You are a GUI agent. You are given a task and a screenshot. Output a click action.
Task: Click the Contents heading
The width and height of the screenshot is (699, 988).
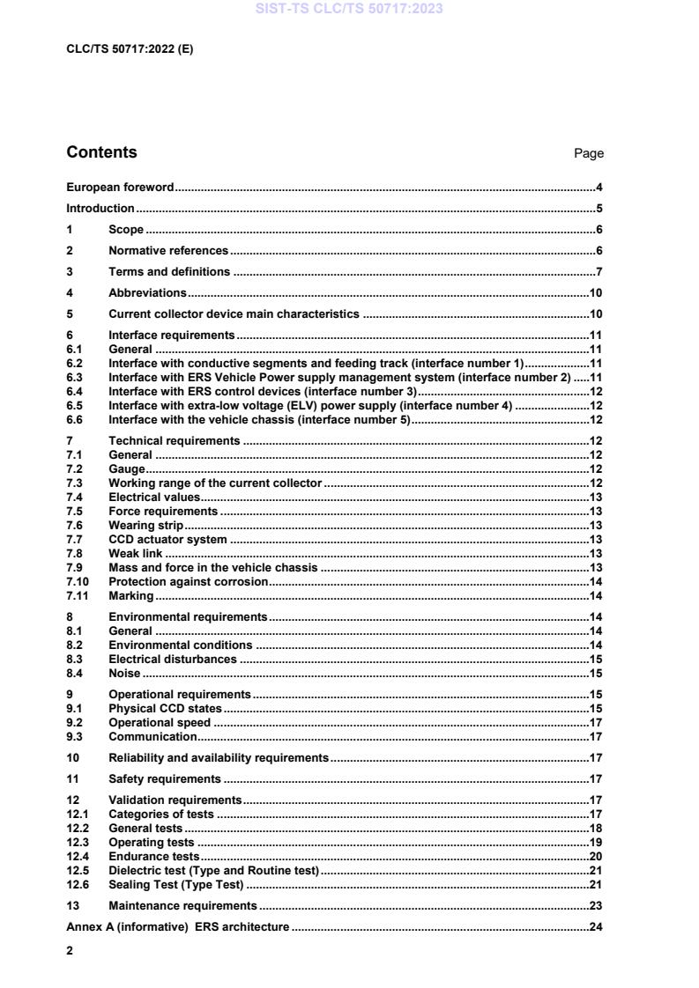[x=101, y=152]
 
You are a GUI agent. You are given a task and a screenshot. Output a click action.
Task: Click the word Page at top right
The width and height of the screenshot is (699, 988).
[x=588, y=153]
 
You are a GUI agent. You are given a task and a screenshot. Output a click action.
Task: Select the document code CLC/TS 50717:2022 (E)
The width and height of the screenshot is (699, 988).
[x=130, y=49]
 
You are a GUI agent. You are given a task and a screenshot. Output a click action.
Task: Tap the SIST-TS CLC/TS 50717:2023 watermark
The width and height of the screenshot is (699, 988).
[x=349, y=9]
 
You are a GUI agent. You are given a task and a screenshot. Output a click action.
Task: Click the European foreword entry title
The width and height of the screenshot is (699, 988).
[x=120, y=188]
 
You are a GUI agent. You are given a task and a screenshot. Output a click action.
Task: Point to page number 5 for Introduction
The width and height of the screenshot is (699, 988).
[x=599, y=209]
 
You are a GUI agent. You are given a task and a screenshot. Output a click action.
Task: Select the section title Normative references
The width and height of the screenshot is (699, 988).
[x=168, y=251]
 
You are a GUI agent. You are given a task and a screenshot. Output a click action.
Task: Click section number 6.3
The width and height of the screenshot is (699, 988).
[x=75, y=377]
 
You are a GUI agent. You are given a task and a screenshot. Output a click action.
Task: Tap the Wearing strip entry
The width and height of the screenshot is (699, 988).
[x=145, y=526]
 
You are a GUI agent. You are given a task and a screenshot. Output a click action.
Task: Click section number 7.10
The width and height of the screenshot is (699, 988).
[x=78, y=582]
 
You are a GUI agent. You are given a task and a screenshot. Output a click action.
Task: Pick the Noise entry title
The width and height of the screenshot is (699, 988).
[x=124, y=674]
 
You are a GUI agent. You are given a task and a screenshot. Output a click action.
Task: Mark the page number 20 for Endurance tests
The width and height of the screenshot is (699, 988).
[x=595, y=856]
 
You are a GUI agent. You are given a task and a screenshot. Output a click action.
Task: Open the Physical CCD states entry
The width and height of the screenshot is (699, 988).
[x=165, y=709]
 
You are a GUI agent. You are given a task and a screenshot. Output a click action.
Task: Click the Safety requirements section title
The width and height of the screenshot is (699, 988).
[x=165, y=779]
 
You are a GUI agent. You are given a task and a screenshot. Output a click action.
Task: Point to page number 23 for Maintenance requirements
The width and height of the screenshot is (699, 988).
[x=595, y=905]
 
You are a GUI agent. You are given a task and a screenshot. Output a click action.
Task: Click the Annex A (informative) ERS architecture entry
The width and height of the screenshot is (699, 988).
[x=178, y=926]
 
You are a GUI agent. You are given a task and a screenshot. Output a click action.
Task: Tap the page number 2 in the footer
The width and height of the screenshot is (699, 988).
[x=71, y=951]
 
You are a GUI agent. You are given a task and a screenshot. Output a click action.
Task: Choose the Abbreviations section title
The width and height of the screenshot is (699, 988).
[x=147, y=293]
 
